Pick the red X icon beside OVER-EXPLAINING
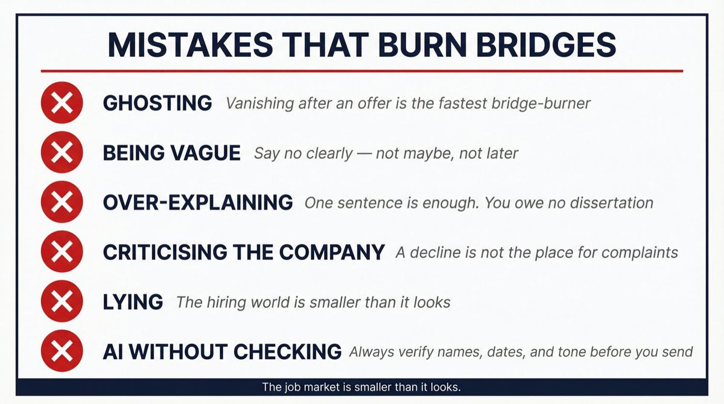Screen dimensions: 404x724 62,202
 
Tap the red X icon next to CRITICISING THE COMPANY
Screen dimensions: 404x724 62,252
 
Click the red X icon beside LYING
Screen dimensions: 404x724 62,301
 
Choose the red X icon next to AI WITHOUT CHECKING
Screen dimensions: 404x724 62,351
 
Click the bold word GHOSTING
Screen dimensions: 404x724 157,103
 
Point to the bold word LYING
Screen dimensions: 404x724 133,301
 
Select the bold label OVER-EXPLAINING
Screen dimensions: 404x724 198,202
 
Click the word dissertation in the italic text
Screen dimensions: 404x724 610,202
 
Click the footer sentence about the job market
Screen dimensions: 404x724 361,387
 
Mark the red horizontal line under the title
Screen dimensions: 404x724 362,71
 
